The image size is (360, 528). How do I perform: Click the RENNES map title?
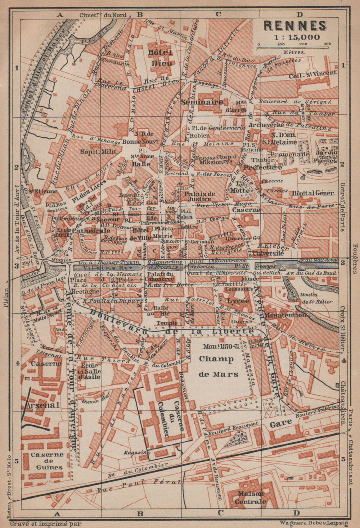point(295,26)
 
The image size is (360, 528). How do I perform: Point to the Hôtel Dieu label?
point(160,58)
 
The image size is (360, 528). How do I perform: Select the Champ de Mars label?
point(219,366)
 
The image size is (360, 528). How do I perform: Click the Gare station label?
point(280,424)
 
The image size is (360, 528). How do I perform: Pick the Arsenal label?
point(37,405)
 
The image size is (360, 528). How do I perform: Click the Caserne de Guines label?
point(46,461)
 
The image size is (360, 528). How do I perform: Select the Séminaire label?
point(202,102)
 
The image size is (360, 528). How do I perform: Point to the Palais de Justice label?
point(200,196)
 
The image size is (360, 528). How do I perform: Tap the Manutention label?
point(285,315)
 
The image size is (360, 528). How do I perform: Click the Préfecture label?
point(262,167)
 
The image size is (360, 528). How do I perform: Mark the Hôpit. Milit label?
point(94,151)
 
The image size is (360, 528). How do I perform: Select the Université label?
point(268,253)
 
